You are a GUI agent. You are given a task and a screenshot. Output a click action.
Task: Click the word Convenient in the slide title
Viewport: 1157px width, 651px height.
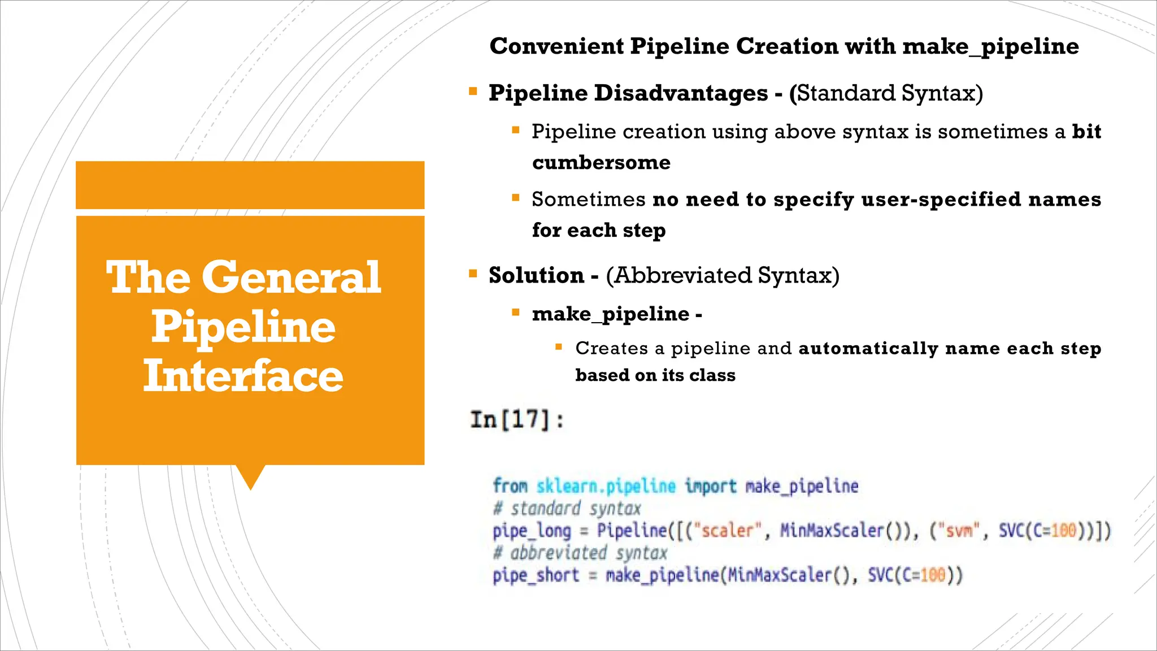click(556, 46)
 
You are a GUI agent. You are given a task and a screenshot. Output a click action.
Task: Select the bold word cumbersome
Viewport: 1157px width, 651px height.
click(601, 163)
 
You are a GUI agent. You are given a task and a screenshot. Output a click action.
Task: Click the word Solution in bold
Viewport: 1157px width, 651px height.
click(536, 276)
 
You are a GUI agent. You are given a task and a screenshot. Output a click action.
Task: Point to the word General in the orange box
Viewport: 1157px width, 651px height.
click(291, 277)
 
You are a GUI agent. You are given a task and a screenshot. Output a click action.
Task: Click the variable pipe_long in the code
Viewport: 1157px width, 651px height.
click(532, 531)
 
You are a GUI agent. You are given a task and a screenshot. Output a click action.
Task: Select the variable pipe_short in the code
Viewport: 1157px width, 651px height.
click(536, 576)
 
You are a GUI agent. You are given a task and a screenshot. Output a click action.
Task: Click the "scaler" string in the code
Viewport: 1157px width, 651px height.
click(727, 531)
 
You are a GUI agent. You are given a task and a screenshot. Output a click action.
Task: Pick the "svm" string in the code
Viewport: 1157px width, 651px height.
click(959, 531)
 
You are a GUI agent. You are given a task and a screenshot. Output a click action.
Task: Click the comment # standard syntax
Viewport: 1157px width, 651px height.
click(567, 509)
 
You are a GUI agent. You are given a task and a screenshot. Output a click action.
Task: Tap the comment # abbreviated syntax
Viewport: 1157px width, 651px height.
click(580, 553)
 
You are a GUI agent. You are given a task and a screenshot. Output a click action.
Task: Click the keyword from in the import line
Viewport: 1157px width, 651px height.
click(510, 486)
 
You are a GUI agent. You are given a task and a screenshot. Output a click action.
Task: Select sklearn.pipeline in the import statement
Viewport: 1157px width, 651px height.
click(606, 486)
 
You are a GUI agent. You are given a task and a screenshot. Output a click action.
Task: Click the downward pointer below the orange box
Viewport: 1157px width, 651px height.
click(250, 476)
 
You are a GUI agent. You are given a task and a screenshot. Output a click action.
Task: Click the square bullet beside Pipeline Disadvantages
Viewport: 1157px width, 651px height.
click(473, 91)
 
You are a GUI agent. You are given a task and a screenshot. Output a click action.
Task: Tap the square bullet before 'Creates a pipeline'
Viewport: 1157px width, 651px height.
click(559, 347)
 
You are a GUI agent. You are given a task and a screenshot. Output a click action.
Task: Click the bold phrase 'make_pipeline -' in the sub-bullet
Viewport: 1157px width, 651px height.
click(616, 314)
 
